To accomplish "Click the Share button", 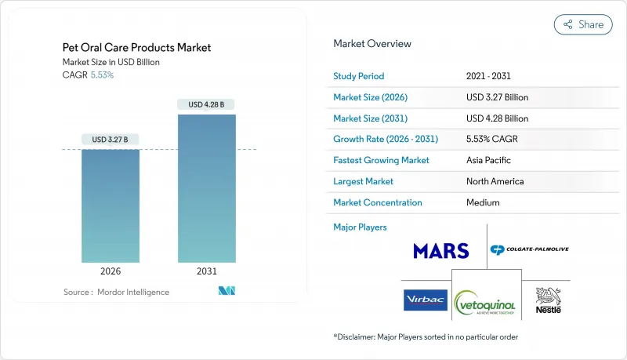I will pyautogui.click(x=583, y=24).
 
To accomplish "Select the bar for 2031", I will pyautogui.click(x=206, y=188).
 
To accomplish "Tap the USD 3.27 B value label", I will pyautogui.click(x=111, y=140).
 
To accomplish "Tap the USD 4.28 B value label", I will pyautogui.click(x=206, y=104).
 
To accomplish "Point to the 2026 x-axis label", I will pyautogui.click(x=111, y=271).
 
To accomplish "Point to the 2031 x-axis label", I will pyautogui.click(x=206, y=271).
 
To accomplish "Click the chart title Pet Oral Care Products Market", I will pyautogui.click(x=136, y=48).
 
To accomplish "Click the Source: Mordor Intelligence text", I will pyautogui.click(x=116, y=292).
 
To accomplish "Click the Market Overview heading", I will pyautogui.click(x=372, y=44).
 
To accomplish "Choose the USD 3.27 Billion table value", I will pyautogui.click(x=497, y=97).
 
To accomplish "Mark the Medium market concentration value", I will pyautogui.click(x=483, y=202).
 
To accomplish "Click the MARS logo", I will pyautogui.click(x=441, y=251).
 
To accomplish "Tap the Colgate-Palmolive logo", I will pyautogui.click(x=529, y=249).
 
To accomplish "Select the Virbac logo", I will pyautogui.click(x=425, y=300).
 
